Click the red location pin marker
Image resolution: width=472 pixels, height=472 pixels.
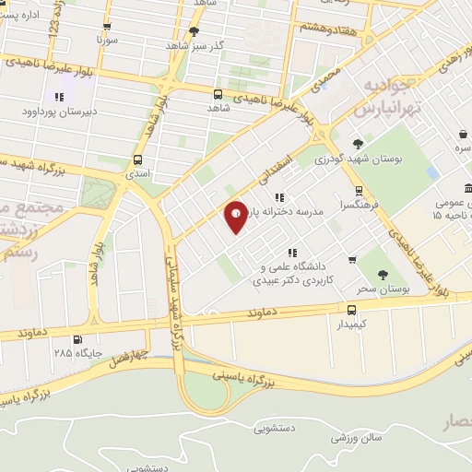237,216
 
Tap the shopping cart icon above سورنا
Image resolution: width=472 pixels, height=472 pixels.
109,28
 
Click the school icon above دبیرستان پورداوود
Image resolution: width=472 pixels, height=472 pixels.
59,97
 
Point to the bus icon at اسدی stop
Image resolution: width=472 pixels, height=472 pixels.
137,158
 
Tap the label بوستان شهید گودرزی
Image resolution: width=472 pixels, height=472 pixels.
360,159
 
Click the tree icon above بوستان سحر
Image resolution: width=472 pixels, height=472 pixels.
382,274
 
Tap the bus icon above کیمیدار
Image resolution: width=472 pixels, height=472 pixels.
351,311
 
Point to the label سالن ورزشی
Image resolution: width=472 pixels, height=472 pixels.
359,437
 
